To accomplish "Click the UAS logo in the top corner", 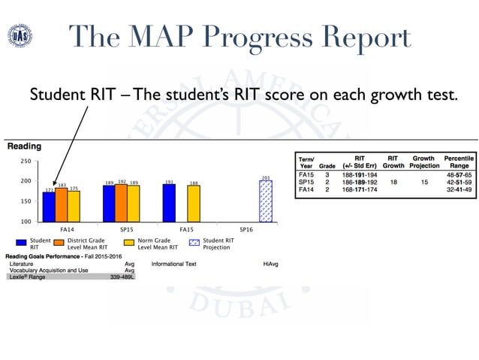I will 20,36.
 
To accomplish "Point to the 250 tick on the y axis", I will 26,162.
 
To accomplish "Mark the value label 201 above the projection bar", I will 265,178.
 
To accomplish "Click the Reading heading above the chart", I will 24,147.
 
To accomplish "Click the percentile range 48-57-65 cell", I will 457,175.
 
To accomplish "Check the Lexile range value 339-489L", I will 122,277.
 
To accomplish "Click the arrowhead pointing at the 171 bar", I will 53,186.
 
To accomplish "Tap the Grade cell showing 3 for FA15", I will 327,175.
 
